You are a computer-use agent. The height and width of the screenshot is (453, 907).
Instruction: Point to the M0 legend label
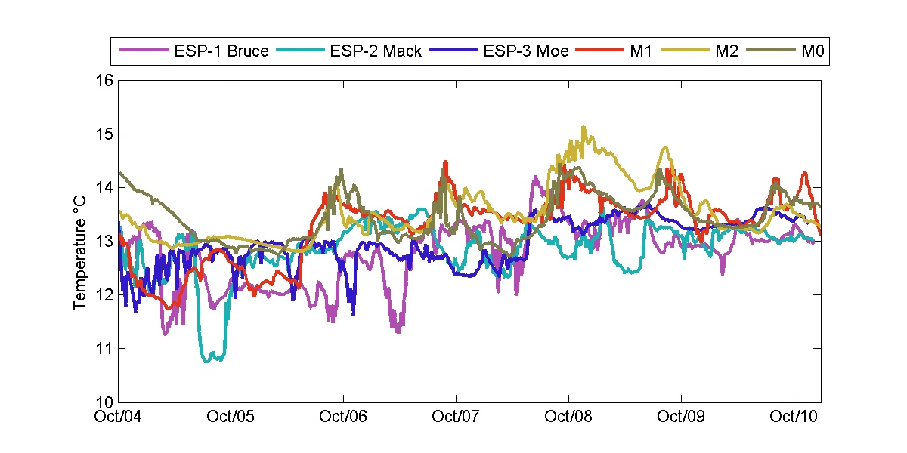(x=812, y=52)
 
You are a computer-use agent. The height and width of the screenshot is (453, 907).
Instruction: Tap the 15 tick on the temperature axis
(x=104, y=134)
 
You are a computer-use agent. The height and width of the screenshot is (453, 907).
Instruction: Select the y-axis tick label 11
(x=104, y=348)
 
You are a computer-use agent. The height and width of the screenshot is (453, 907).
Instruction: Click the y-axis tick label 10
(x=104, y=402)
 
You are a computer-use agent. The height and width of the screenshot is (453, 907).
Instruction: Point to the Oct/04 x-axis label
(x=119, y=415)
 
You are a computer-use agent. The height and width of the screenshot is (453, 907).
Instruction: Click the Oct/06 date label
(x=344, y=415)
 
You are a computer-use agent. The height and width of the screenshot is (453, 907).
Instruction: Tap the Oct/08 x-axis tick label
(x=568, y=415)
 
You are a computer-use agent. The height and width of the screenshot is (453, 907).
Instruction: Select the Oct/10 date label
(x=793, y=415)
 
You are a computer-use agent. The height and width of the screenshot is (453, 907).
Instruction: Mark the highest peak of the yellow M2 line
(x=584, y=127)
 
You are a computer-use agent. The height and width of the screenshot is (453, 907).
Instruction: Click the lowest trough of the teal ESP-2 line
(x=207, y=361)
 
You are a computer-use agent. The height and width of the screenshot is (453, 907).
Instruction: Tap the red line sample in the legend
(x=599, y=52)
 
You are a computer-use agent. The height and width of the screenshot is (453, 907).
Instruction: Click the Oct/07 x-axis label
(x=457, y=415)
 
